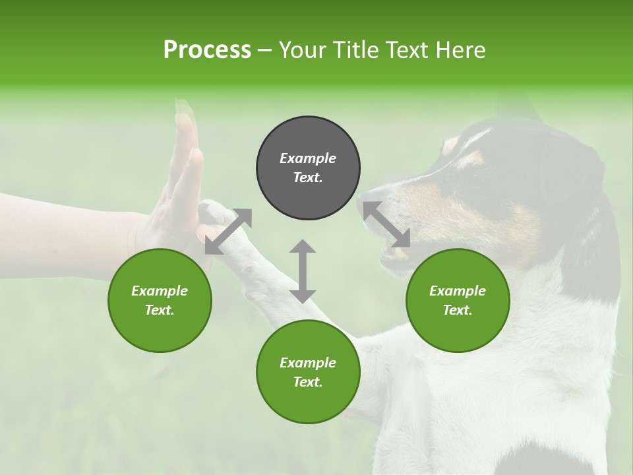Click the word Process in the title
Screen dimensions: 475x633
(207, 50)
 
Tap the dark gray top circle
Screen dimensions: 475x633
(308, 168)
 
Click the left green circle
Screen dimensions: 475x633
(160, 300)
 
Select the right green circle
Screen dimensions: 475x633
(458, 300)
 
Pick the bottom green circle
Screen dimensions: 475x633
(308, 372)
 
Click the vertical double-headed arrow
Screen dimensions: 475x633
(303, 271)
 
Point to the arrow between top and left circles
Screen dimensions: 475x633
(228, 232)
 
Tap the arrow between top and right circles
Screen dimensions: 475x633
(386, 225)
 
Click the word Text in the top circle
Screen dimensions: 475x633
(307, 177)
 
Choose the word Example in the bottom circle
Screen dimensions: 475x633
(308, 363)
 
